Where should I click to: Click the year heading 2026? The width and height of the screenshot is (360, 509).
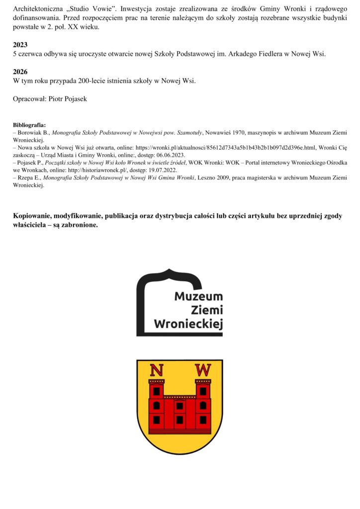pyautogui.click(x=21, y=72)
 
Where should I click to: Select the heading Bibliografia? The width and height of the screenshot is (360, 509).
pyautogui.click(x=29, y=125)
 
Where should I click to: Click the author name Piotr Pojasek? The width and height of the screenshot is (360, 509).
pyautogui.click(x=67, y=99)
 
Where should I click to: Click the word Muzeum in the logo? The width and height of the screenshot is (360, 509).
pyautogui.click(x=198, y=297)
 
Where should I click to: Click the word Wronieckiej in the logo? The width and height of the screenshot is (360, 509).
pyautogui.click(x=188, y=324)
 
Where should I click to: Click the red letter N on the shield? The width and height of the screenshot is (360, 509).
pyautogui.click(x=157, y=370)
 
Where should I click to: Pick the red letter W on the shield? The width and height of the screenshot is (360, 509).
pyautogui.click(x=202, y=370)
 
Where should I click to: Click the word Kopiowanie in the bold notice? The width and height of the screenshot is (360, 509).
pyautogui.click(x=33, y=216)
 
